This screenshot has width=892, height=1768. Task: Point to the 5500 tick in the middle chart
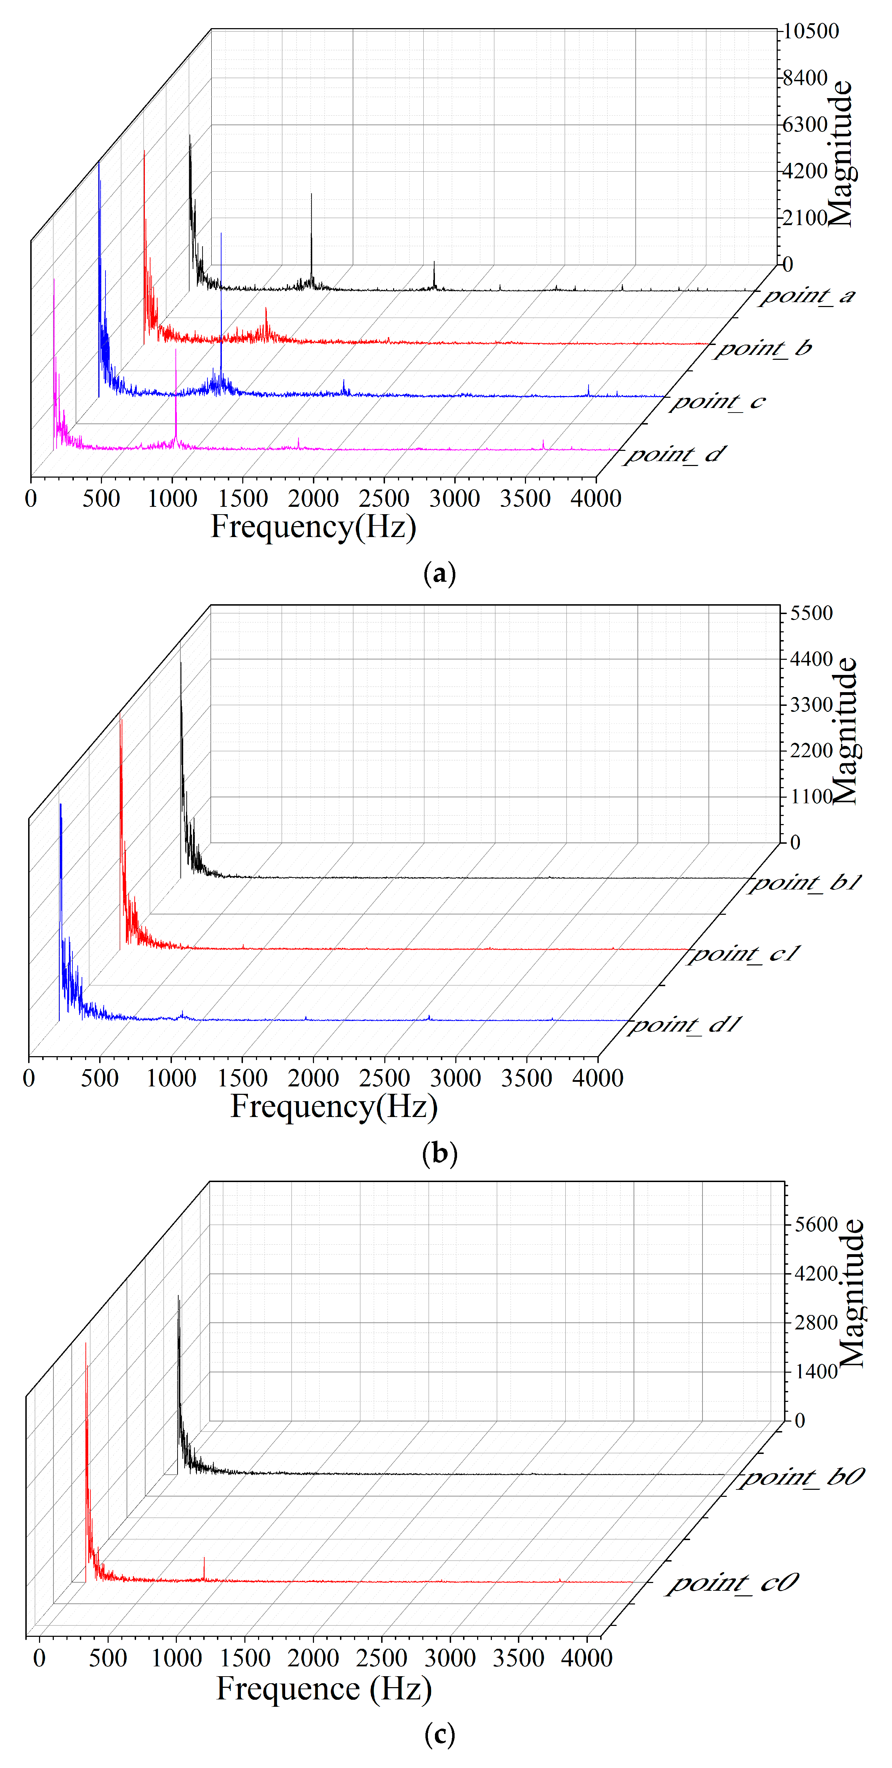(x=811, y=613)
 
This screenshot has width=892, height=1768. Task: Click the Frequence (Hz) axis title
(x=324, y=1689)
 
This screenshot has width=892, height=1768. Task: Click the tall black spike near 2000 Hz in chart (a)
(x=312, y=234)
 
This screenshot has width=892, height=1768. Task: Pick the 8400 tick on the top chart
(x=806, y=78)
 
